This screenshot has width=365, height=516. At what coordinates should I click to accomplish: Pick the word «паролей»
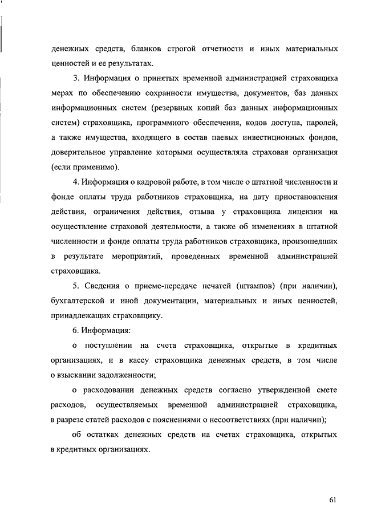322,122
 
